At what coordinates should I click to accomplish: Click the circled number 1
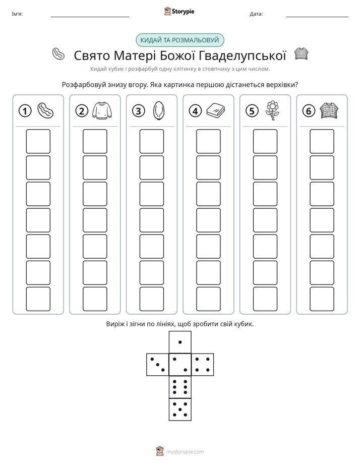pyautogui.click(x=25, y=111)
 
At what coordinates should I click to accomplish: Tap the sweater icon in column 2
pyautogui.click(x=102, y=111)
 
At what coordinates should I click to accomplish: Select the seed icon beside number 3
pyautogui.click(x=159, y=111)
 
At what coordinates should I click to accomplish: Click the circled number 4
pyautogui.click(x=195, y=111)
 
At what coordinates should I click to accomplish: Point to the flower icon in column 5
pyautogui.click(x=272, y=110)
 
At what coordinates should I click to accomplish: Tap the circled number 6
pyautogui.click(x=309, y=111)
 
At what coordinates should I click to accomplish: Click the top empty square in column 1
pyautogui.click(x=38, y=141)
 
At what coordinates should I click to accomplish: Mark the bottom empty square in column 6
pyautogui.click(x=322, y=299)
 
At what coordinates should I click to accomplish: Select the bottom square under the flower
pyautogui.click(x=265, y=299)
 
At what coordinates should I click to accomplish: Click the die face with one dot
pyautogui.click(x=180, y=342)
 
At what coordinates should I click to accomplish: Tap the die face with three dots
pyautogui.click(x=158, y=365)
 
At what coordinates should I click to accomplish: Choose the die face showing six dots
pyautogui.click(x=180, y=387)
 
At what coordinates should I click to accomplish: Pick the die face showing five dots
pyautogui.click(x=180, y=410)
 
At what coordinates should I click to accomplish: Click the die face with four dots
pyautogui.click(x=203, y=365)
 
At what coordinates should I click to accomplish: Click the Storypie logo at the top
pyautogui.click(x=179, y=11)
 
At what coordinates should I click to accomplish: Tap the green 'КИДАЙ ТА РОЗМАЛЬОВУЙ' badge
pyautogui.click(x=180, y=40)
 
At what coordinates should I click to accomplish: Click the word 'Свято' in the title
pyautogui.click(x=92, y=55)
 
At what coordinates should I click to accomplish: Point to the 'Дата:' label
pyautogui.click(x=256, y=14)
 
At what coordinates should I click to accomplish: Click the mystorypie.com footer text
pyautogui.click(x=185, y=452)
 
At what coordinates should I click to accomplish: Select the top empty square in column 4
pyautogui.click(x=209, y=141)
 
